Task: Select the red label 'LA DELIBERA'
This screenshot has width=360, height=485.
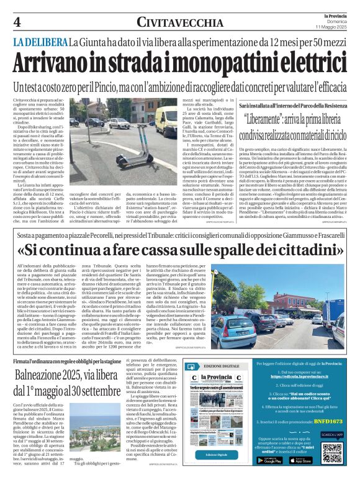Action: tap(40, 42)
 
